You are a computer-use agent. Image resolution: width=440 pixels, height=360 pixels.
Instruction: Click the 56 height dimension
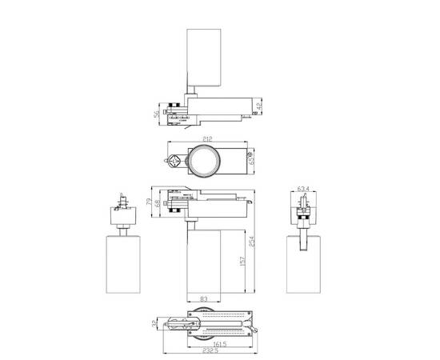(x=156, y=115)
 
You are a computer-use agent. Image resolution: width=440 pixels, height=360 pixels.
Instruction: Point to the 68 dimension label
(x=157, y=206)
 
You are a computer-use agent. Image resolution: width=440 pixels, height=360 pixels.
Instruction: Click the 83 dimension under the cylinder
(x=205, y=300)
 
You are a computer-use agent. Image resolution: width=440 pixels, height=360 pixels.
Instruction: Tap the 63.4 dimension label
(x=302, y=190)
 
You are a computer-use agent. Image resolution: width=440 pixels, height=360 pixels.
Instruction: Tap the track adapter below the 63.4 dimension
(x=302, y=212)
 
